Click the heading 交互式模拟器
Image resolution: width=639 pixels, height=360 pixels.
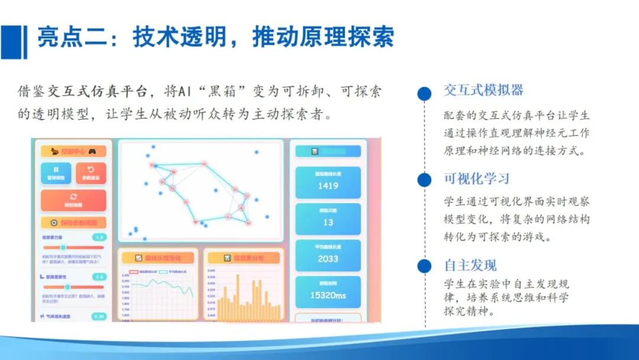(x=483, y=91)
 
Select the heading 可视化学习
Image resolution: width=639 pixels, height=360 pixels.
(x=476, y=179)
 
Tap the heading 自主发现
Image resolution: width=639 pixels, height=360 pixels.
(x=470, y=265)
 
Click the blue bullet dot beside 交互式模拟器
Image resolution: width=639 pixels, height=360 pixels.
(x=424, y=94)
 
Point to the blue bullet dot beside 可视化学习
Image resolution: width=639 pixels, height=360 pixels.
(x=424, y=180)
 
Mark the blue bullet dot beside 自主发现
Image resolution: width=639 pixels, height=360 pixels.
(x=424, y=266)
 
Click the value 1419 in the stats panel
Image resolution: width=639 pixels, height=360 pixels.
(x=328, y=186)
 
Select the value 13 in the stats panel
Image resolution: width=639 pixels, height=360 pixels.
(x=328, y=223)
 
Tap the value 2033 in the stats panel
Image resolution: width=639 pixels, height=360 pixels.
(x=328, y=259)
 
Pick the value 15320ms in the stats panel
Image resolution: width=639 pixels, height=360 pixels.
(x=328, y=295)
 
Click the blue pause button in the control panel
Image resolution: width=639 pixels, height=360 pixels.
(x=56, y=173)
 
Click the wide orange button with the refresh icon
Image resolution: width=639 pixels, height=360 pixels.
(x=73, y=200)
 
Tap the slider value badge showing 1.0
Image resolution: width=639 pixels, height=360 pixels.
(x=100, y=237)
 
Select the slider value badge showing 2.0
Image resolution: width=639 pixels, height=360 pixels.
(x=100, y=277)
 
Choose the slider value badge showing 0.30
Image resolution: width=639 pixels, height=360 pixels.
(x=99, y=316)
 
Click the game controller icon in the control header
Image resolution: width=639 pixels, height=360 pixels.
(x=92, y=151)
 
